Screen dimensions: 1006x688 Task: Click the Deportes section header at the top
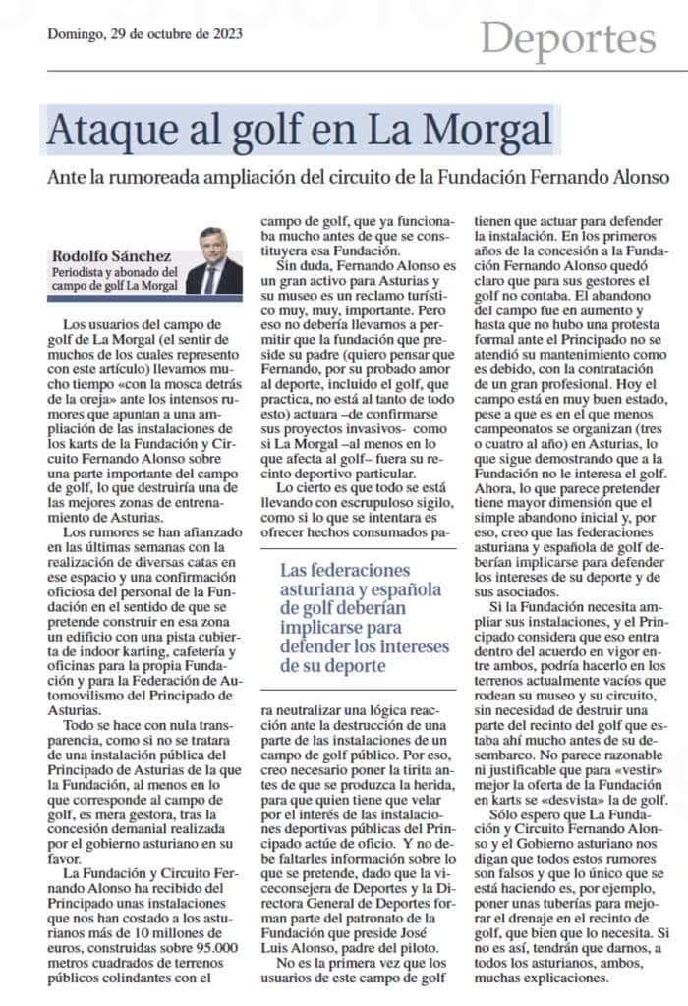click(x=569, y=38)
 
